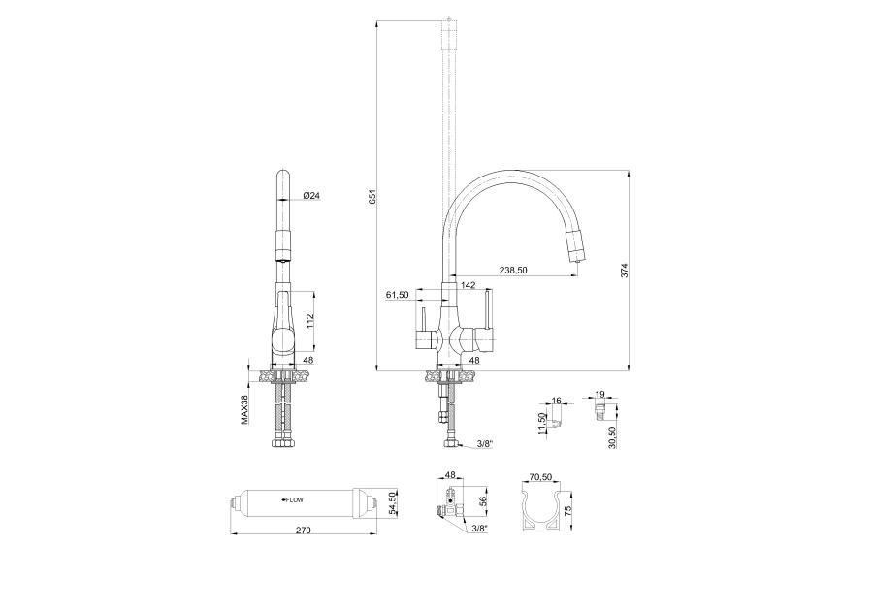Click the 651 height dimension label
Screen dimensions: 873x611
pos(372,197)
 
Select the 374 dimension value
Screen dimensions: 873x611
pos(624,271)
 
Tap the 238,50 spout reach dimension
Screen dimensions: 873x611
pos(513,270)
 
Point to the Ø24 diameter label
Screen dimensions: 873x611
pos(311,195)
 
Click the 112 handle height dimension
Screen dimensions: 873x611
pos(310,320)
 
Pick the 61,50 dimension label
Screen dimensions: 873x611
pos(397,295)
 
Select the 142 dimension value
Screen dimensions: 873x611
pos(469,285)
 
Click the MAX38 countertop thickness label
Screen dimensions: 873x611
pos(243,409)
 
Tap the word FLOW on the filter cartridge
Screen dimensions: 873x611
pos(295,500)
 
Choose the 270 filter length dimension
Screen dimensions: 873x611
pos(303,530)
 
